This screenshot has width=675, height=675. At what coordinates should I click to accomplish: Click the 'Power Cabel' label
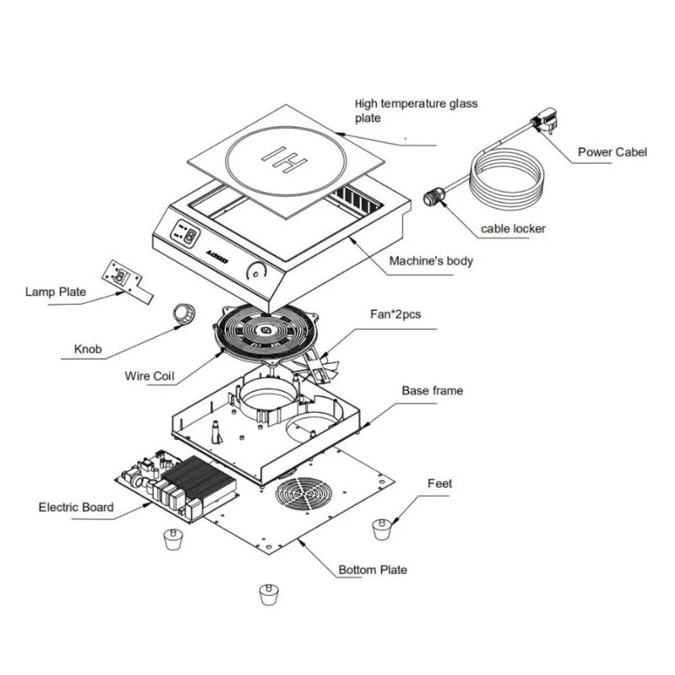tap(612, 153)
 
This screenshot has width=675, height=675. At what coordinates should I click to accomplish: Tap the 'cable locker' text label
tap(513, 229)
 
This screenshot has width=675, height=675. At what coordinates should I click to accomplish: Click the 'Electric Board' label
tap(76, 507)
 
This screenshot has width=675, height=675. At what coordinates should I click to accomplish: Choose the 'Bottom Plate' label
tap(372, 570)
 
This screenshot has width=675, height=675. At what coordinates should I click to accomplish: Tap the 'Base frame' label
tap(432, 391)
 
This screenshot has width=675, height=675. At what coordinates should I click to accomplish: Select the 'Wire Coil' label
tap(149, 376)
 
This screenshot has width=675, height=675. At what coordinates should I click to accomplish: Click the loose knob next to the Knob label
tap(185, 313)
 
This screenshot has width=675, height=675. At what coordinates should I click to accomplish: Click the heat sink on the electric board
tap(205, 478)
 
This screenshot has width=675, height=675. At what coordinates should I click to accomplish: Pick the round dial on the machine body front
tap(256, 272)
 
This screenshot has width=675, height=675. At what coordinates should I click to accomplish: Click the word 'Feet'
tap(440, 483)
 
